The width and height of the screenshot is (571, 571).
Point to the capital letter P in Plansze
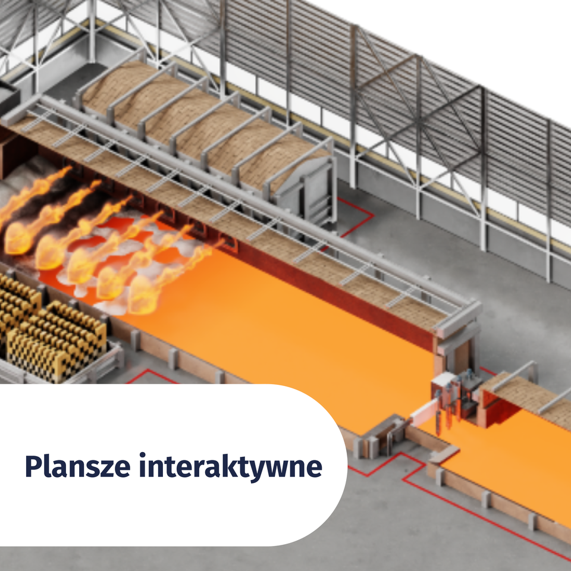pos(33,466)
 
